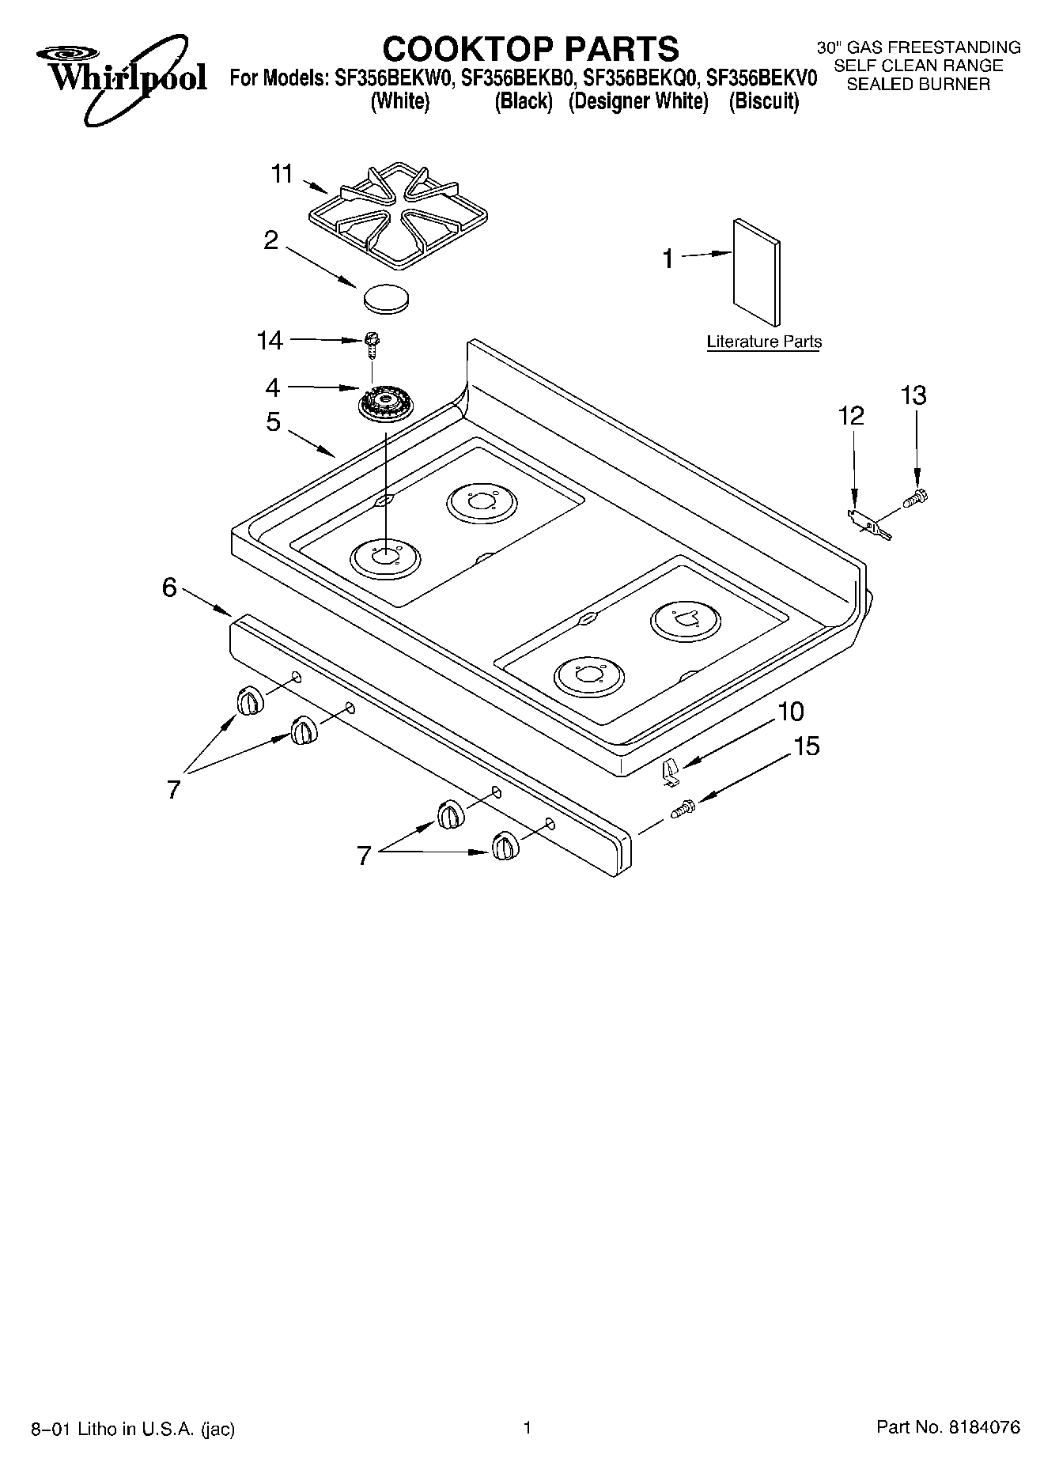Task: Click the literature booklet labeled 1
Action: point(757,271)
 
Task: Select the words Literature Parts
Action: point(764,342)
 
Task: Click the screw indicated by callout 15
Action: point(683,809)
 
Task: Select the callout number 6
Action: point(169,587)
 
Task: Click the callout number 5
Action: point(273,422)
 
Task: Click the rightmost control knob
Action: point(503,847)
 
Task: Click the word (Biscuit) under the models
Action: point(763,101)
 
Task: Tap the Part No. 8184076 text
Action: point(947,1427)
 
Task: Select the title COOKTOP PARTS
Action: point(531,48)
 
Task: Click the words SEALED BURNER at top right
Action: point(918,85)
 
